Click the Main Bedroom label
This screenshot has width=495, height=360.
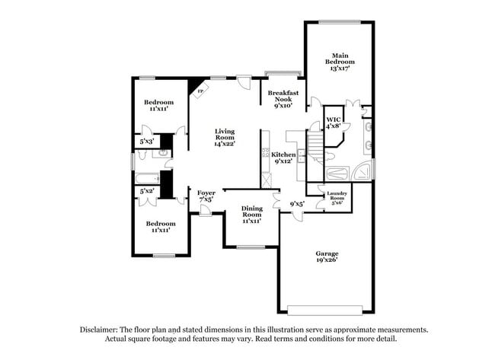click(x=340, y=58)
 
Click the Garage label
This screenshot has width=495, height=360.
click(x=327, y=253)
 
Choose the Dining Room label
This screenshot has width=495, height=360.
click(x=251, y=212)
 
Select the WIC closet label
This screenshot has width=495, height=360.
click(x=333, y=119)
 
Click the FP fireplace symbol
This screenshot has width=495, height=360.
click(x=200, y=92)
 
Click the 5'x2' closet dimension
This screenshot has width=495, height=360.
click(x=148, y=191)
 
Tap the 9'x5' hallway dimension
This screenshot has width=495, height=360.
click(x=298, y=203)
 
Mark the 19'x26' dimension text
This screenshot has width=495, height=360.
click(x=327, y=260)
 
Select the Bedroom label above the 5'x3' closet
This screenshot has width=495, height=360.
click(x=159, y=103)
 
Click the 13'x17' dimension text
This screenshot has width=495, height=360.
click(x=340, y=68)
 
